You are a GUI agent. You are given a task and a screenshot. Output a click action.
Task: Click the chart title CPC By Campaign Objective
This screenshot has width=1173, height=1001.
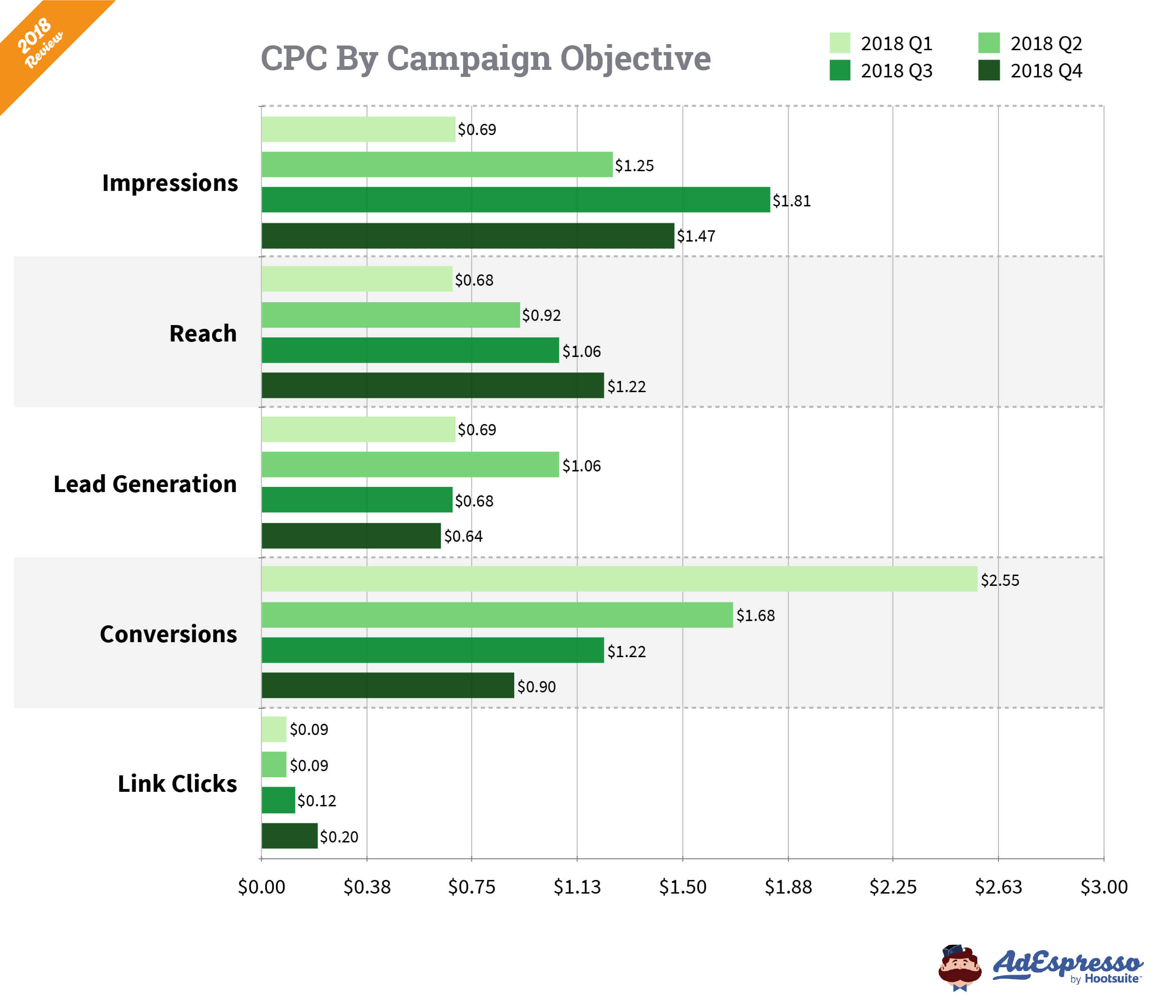point(485,58)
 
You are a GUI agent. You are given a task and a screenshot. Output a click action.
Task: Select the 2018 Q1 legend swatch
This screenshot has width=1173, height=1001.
point(839,43)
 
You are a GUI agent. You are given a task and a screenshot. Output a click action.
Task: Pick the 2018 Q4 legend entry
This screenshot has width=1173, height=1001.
point(1030,71)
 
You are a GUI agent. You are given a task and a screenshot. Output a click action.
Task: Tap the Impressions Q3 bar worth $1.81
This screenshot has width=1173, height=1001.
point(515,200)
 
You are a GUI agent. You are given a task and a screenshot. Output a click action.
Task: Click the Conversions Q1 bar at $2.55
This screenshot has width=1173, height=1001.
point(619,579)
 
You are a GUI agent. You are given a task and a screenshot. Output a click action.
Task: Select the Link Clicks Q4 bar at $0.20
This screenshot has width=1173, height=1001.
point(289,836)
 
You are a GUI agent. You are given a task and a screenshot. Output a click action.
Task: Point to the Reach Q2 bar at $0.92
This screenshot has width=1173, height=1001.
point(391,315)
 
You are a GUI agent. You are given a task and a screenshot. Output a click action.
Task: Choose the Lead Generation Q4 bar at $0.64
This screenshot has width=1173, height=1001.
point(351,535)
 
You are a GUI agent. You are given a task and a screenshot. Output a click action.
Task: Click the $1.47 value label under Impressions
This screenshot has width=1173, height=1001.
point(696,236)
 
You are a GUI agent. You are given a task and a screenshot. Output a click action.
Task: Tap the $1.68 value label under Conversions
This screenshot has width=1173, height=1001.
point(755,615)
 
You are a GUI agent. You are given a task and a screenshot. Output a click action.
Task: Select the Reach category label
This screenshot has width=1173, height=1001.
point(203,334)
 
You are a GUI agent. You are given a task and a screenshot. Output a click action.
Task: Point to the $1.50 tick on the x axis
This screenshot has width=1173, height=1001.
point(683,887)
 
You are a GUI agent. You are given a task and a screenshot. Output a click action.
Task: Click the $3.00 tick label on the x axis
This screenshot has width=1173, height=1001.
point(1104,887)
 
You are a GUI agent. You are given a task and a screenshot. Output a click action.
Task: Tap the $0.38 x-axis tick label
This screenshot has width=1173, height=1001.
point(367,887)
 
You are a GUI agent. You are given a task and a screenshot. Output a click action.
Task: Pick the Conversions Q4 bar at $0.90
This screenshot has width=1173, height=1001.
point(388,685)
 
